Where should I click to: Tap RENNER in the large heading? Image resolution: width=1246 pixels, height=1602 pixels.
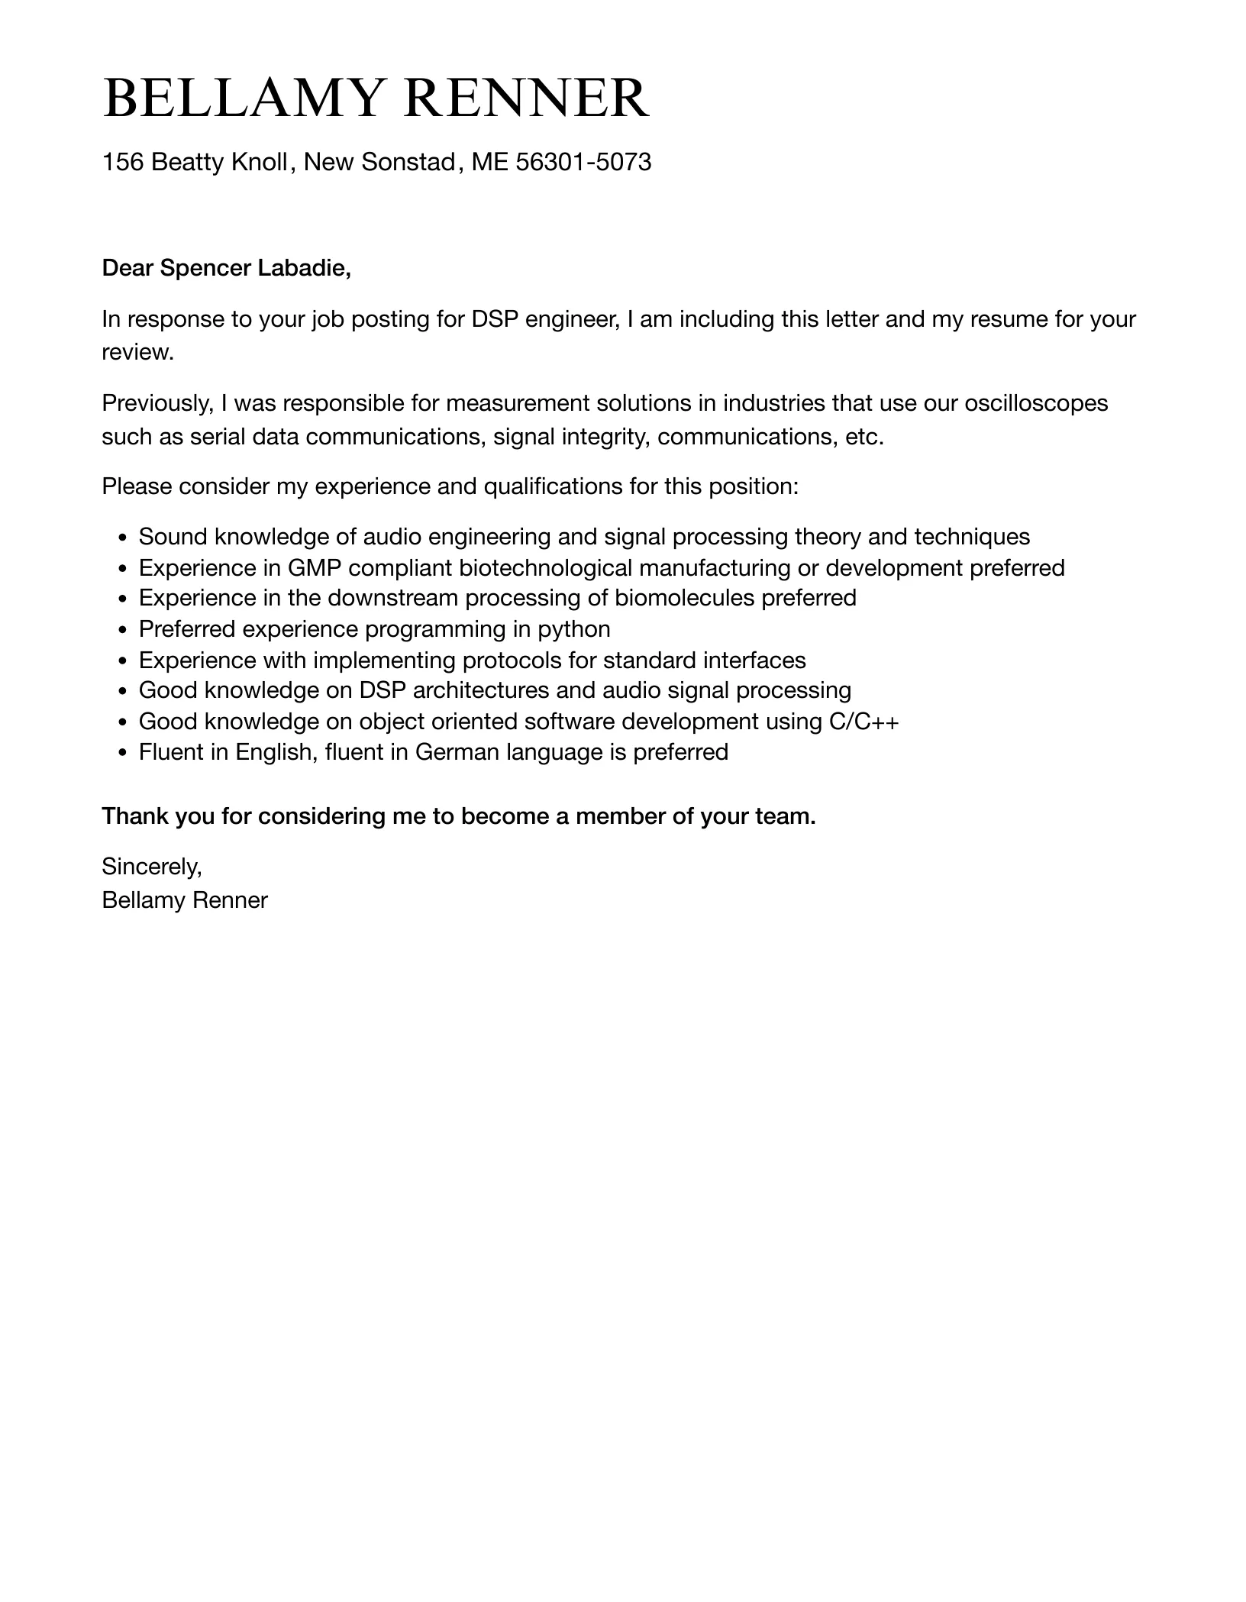point(526,99)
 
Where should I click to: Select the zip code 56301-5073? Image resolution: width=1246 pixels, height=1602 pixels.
point(583,162)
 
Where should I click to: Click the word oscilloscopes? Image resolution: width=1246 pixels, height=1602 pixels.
point(1036,402)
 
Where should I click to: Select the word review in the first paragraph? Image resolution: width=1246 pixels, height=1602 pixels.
point(137,352)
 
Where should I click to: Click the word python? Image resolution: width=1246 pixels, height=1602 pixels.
point(574,629)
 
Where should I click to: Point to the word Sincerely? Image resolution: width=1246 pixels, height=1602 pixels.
point(151,867)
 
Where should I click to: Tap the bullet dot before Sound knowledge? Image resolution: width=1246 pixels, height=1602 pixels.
point(124,538)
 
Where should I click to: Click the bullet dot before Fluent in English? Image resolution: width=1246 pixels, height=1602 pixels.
point(124,754)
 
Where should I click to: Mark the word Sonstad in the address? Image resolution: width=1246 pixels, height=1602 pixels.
point(408,162)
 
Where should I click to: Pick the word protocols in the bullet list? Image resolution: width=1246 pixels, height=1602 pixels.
point(517,660)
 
